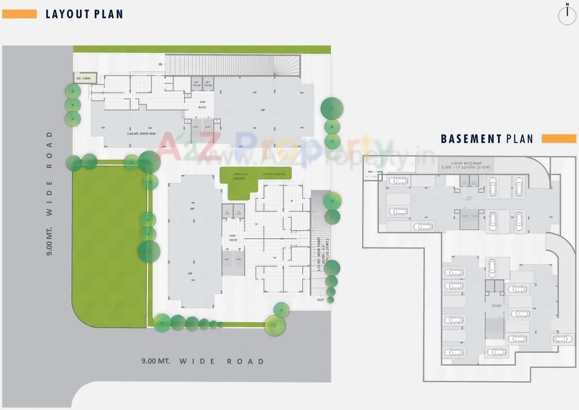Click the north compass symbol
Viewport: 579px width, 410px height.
567,15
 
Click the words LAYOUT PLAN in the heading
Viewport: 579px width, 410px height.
84,14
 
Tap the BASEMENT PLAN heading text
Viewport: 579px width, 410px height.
487,139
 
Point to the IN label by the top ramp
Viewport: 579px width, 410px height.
160,64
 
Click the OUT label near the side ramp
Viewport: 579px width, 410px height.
321,300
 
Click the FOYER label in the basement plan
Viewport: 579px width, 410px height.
496,306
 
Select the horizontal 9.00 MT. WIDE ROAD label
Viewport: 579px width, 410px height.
203,361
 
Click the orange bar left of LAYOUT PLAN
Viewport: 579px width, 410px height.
19,14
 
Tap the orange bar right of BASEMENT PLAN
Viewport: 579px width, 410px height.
559,139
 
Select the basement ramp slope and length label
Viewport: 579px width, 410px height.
465,166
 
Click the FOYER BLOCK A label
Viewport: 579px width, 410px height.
203,104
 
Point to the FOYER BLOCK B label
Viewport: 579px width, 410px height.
233,238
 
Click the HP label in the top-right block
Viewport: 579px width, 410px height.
263,110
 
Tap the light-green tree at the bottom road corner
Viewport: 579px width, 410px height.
275,326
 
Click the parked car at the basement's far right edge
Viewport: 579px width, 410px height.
562,339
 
